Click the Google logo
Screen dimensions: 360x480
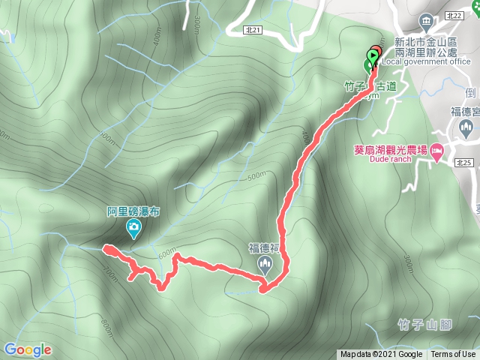click(28, 349)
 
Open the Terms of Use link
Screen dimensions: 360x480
click(453, 355)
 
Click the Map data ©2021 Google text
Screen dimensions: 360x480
click(381, 355)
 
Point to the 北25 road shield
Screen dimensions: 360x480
click(462, 163)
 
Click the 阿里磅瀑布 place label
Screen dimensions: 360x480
click(133, 211)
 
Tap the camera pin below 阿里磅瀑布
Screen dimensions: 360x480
click(133, 228)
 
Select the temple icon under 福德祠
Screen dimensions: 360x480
click(265, 262)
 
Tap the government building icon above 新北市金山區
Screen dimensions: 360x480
click(426, 19)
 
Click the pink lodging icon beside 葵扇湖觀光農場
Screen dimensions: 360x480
click(437, 154)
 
